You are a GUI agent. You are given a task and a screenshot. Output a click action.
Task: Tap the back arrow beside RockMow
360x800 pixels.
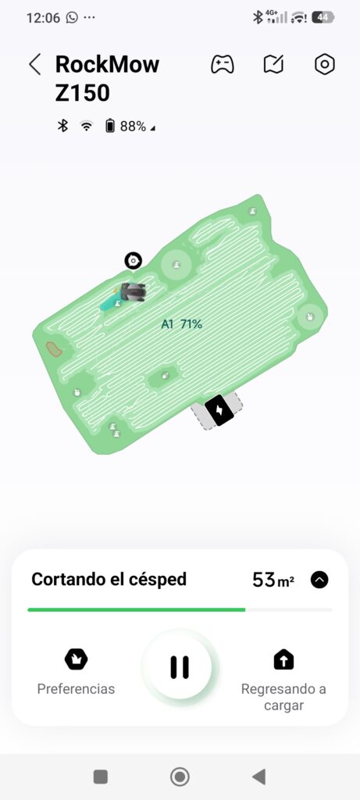[x=34, y=65]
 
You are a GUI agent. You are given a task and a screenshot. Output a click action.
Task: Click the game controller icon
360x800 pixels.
[x=223, y=65]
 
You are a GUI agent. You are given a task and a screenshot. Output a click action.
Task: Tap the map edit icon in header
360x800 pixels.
[x=273, y=65]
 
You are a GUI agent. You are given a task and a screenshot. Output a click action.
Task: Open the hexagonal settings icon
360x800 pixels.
[x=325, y=65]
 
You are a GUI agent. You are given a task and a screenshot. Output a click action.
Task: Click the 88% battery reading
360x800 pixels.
[x=133, y=126]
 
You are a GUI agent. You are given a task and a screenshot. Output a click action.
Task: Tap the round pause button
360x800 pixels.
[x=180, y=667]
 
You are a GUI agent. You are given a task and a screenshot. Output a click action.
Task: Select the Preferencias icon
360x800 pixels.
[x=76, y=659]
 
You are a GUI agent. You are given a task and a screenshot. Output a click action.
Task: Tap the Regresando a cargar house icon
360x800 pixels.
[x=283, y=659]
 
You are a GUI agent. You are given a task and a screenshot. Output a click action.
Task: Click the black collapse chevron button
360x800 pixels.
[x=319, y=580]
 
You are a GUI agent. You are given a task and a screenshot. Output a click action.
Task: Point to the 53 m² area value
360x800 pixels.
[x=273, y=580]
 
